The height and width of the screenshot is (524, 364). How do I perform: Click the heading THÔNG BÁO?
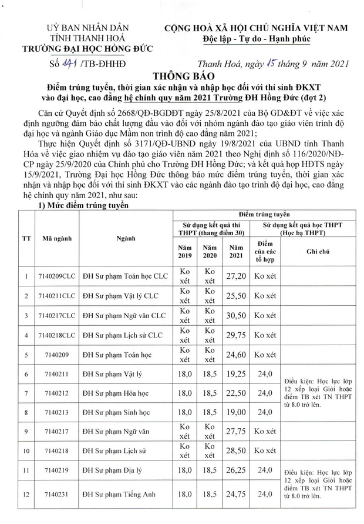pyautogui.click(x=181, y=76)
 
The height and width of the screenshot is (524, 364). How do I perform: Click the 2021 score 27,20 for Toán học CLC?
pyautogui.click(x=236, y=275)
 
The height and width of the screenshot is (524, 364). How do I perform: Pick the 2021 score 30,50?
pyautogui.click(x=236, y=316)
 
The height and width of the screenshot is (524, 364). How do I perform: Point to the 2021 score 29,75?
pyautogui.click(x=236, y=336)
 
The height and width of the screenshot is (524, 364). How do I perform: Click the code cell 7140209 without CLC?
pyautogui.click(x=52, y=356)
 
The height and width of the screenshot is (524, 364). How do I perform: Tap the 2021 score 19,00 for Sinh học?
pyautogui.click(x=236, y=413)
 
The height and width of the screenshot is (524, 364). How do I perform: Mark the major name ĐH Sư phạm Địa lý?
pyautogui.click(x=112, y=471)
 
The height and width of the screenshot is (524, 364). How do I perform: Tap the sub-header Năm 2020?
pyautogui.click(x=210, y=252)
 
